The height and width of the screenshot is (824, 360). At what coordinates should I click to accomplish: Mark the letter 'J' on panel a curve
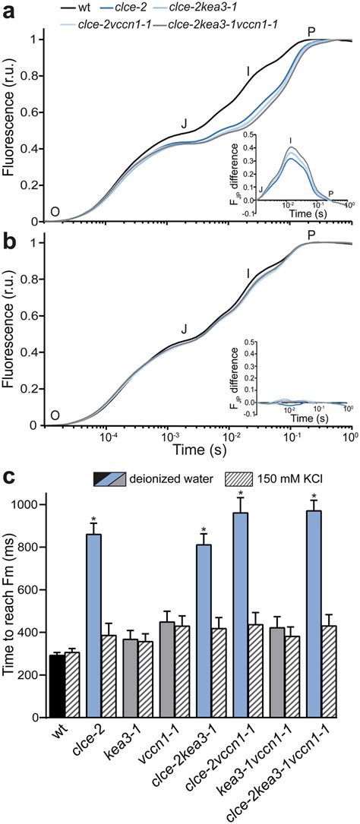coord(183,124)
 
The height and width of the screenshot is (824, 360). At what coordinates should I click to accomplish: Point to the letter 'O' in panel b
coord(55,416)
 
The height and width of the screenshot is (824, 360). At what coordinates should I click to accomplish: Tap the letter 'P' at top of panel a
coord(311,30)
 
